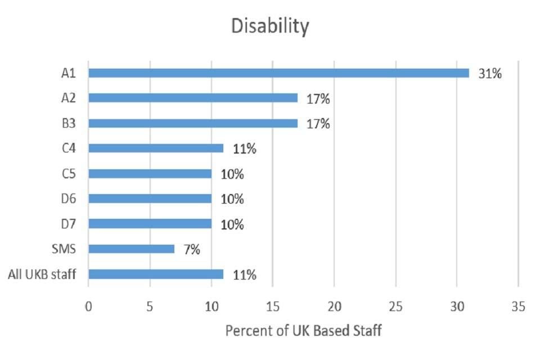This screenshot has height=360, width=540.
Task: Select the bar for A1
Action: coord(278,73)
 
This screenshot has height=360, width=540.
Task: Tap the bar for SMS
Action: coord(131,249)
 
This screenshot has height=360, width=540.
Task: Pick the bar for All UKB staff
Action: coord(156,274)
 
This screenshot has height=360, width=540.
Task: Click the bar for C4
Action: coord(156,148)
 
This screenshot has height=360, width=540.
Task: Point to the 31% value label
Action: coord(489,73)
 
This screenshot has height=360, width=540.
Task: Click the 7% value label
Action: coord(191,249)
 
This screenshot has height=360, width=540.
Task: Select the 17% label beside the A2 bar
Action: coord(318,98)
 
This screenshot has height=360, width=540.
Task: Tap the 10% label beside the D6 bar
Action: coord(232,199)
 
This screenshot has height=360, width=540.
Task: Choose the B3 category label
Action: coord(67,123)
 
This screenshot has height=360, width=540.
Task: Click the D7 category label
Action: coord(67,224)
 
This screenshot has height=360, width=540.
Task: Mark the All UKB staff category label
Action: coord(42,274)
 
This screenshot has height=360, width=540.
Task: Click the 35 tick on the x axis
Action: coord(518,307)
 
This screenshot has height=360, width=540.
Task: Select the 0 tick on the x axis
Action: coord(88,307)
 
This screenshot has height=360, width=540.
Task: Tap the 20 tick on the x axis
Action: coord(334,307)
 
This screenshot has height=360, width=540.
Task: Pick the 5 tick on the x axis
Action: coord(150,307)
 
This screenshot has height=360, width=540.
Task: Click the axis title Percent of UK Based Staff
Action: coord(303,330)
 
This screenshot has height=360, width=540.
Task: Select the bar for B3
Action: coord(193,123)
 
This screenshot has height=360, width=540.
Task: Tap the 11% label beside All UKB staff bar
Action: coord(245,275)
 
